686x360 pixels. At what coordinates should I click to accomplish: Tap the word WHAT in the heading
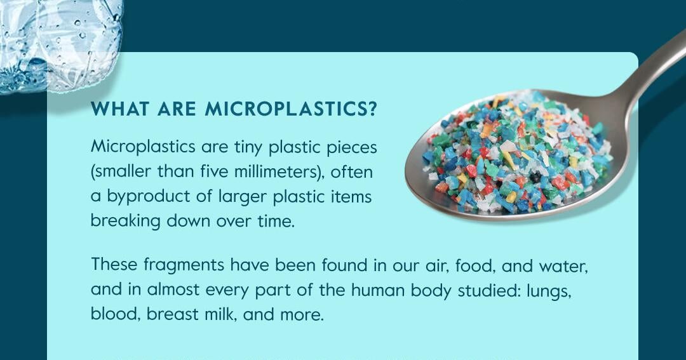119,109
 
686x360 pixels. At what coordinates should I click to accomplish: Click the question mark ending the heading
372,109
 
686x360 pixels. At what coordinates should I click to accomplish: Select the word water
563,266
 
